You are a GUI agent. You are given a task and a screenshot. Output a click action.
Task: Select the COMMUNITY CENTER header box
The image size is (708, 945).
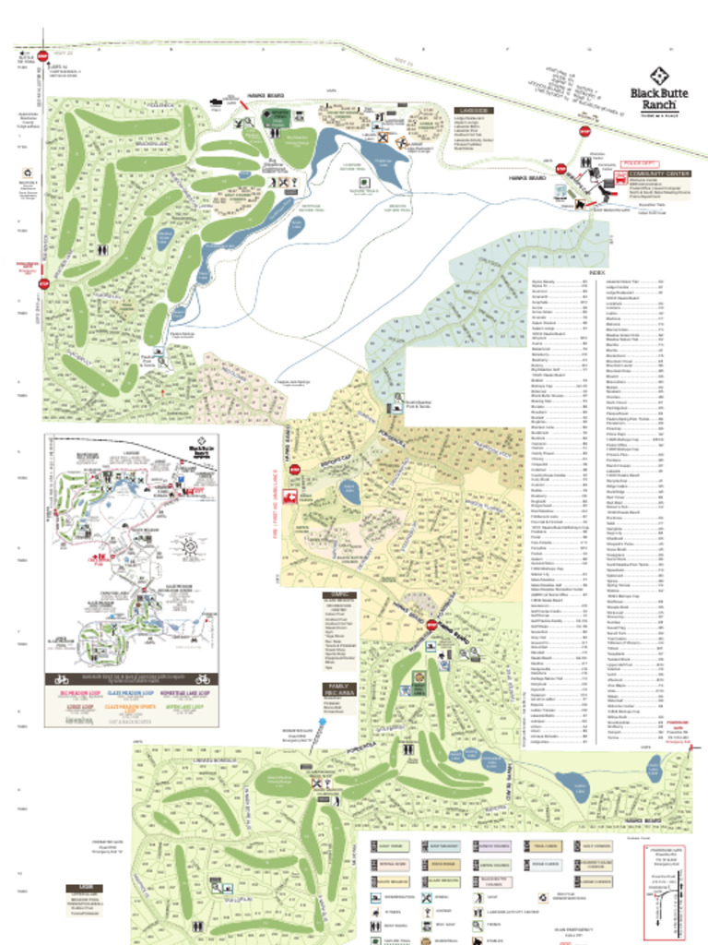(x=658, y=173)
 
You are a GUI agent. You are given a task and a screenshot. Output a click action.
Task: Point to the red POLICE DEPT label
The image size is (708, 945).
(x=639, y=162)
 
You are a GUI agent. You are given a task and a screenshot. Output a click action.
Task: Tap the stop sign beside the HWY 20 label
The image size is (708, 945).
(x=43, y=54)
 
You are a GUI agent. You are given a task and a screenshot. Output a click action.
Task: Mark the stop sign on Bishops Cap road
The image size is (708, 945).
(x=295, y=470)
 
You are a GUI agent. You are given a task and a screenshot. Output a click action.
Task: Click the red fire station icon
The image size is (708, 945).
(x=289, y=496)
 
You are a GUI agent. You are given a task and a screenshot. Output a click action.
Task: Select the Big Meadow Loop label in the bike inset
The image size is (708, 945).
(x=79, y=690)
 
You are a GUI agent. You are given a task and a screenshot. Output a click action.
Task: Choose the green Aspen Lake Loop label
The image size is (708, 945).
(x=184, y=712)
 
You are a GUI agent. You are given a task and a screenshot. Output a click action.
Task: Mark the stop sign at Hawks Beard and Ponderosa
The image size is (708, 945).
(x=431, y=625)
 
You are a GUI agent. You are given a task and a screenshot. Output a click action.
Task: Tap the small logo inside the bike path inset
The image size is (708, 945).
(x=198, y=448)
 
